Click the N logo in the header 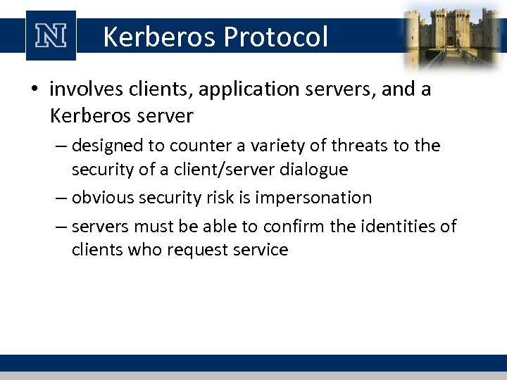point(50,36)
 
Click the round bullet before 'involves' point(35,90)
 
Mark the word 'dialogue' point(313,169)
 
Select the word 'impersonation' point(313,198)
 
